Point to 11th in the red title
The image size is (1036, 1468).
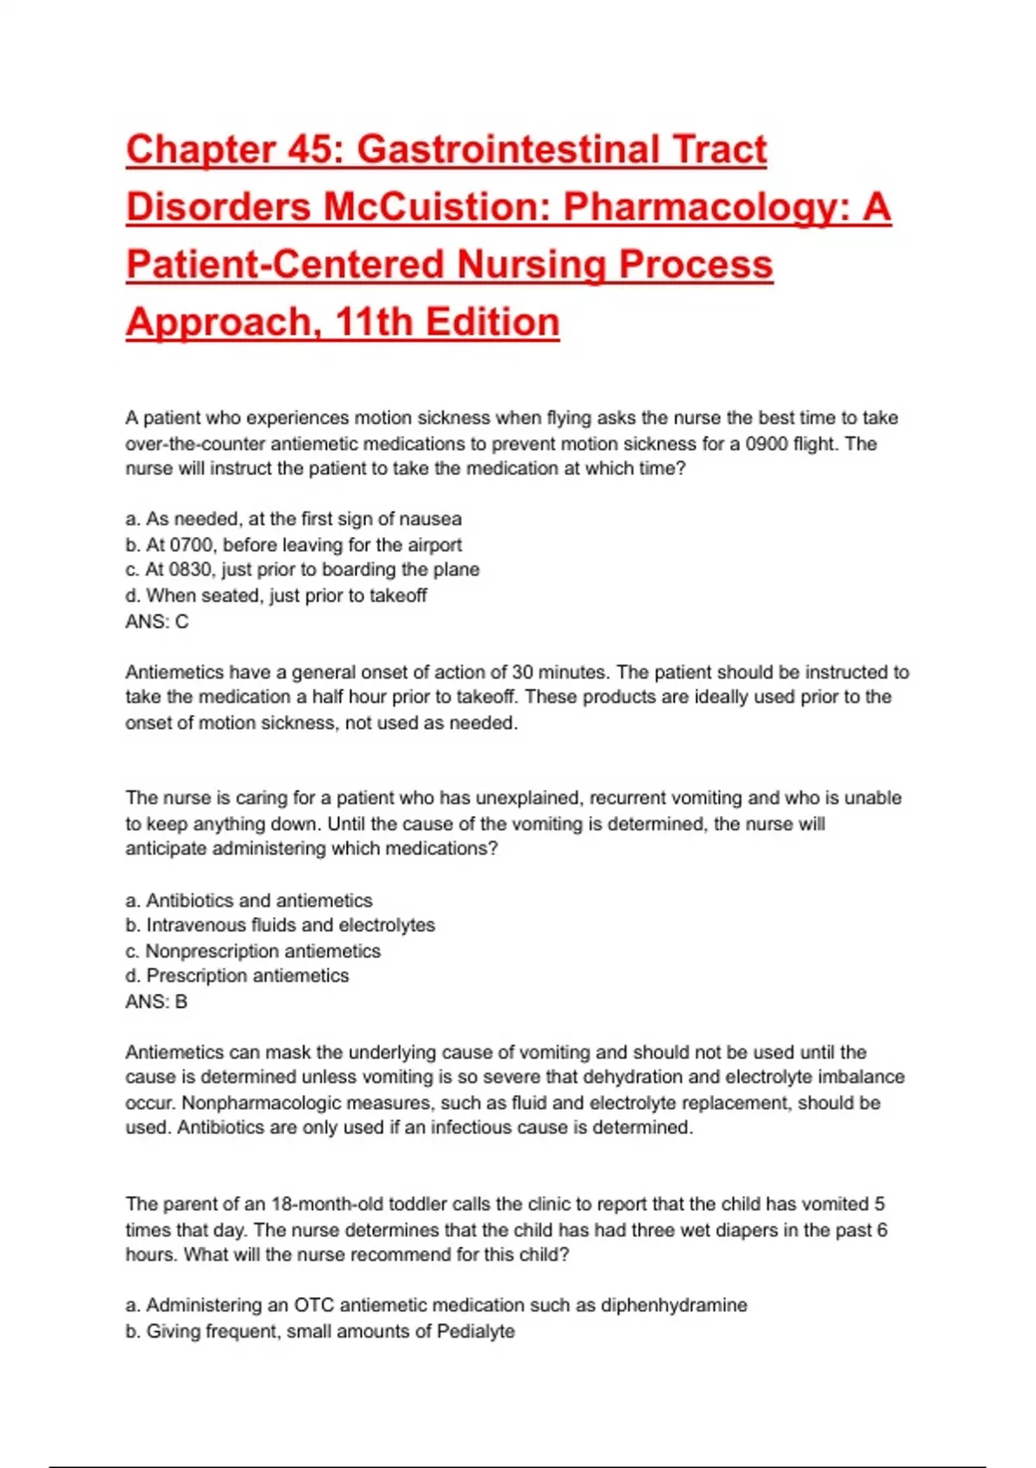pyautogui.click(x=374, y=323)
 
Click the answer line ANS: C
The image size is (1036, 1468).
pyautogui.click(x=156, y=622)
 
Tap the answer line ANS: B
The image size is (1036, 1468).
pyautogui.click(x=156, y=1002)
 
